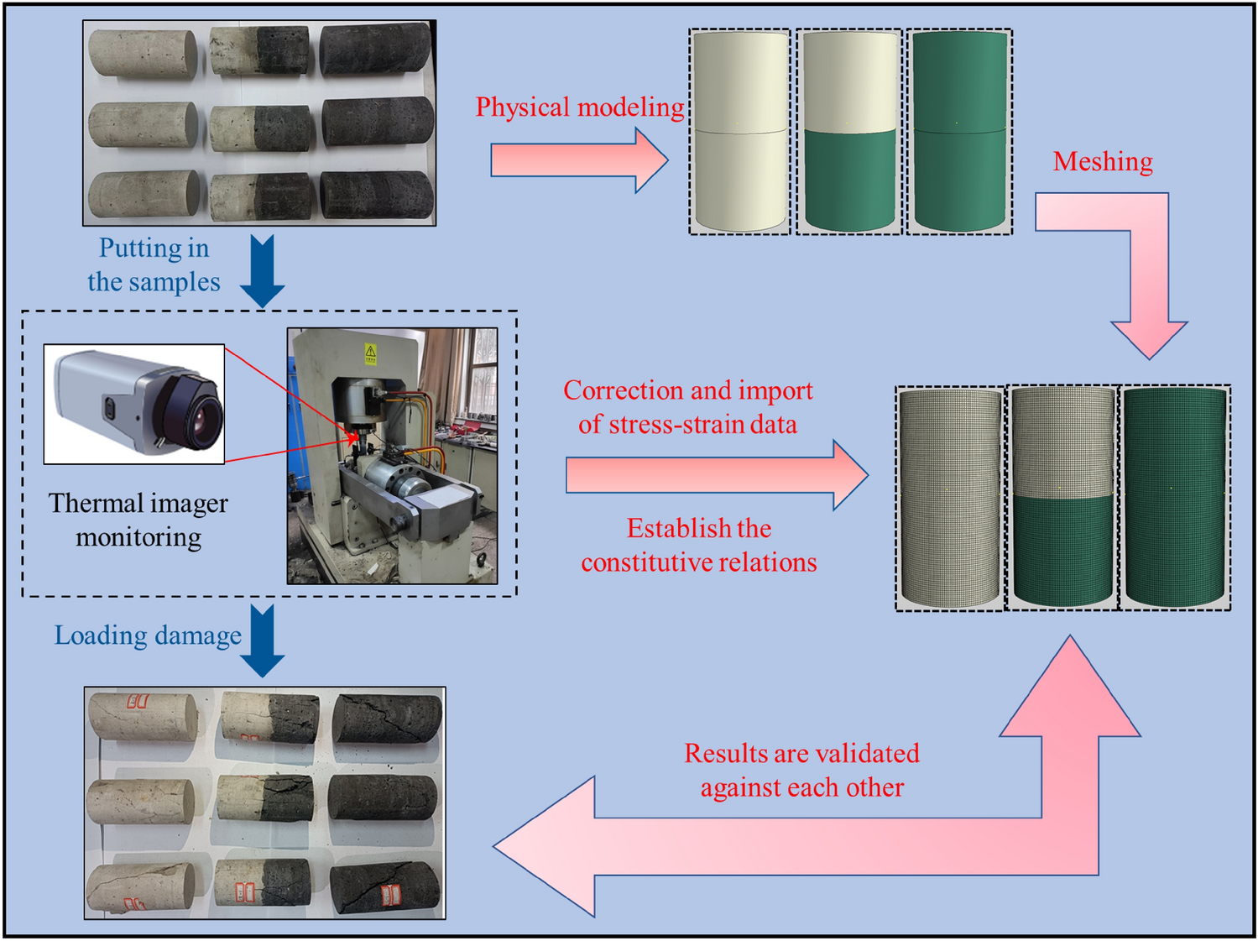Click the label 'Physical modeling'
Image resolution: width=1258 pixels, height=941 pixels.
(x=579, y=107)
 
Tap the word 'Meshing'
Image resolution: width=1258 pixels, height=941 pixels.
(x=1102, y=161)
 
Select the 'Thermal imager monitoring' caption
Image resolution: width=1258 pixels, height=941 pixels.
(x=138, y=520)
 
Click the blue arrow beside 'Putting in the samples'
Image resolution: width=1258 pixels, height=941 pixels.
(x=263, y=270)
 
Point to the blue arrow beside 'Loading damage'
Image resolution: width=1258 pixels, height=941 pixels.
(x=263, y=640)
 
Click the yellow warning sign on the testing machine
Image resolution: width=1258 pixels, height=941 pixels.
(x=370, y=353)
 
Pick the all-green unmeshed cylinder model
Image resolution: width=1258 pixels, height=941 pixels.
(x=959, y=132)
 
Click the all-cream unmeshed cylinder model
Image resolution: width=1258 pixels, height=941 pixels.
(x=739, y=132)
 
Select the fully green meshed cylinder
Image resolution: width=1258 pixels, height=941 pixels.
(x=1175, y=497)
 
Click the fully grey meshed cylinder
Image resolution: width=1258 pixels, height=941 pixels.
(x=950, y=497)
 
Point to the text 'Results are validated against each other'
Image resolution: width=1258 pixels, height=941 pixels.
(x=801, y=770)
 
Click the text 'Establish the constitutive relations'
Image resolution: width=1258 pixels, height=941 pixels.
(x=698, y=545)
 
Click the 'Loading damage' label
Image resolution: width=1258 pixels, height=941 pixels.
(x=148, y=635)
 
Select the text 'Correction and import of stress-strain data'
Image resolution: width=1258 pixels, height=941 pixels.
(x=687, y=407)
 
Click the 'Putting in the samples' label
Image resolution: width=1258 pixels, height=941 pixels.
(x=154, y=264)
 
